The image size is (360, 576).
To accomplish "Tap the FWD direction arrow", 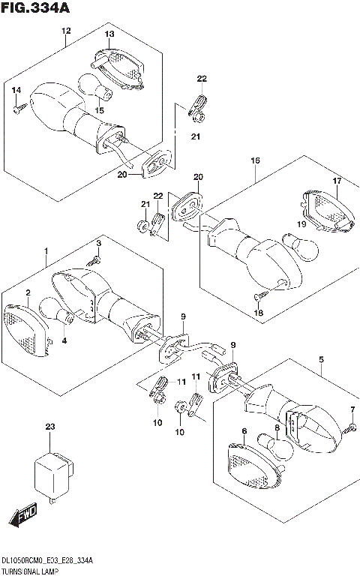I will [22, 516].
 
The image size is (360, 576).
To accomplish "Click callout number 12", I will [66, 31].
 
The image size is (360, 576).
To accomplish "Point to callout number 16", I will [255, 160].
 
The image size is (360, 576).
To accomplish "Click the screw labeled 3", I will [95, 260].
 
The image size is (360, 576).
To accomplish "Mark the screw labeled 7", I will [349, 427].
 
